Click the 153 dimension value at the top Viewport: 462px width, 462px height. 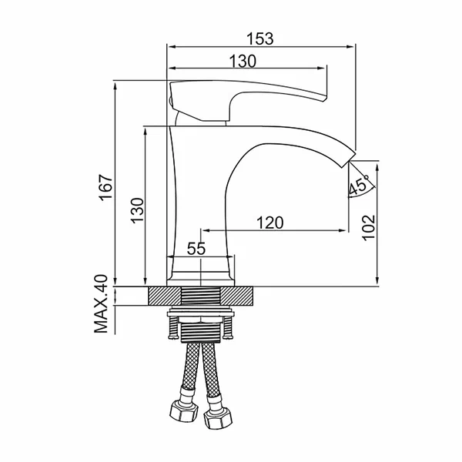[260, 38]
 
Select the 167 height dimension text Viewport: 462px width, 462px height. [105, 188]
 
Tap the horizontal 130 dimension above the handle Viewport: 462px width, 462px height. [243, 61]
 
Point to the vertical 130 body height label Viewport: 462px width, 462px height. [137, 211]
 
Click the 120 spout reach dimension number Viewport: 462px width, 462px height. [270, 223]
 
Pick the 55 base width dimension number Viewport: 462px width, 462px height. [196, 249]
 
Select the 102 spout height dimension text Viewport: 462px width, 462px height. [368, 228]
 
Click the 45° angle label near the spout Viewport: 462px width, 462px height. [359, 185]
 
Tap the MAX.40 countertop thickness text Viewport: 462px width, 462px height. [101, 304]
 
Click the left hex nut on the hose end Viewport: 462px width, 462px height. [183, 410]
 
